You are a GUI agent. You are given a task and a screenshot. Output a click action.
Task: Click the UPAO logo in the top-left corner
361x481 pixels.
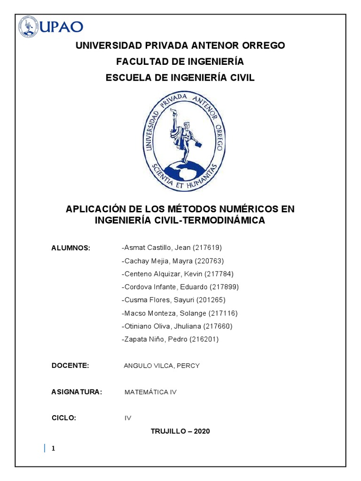[x=51, y=26]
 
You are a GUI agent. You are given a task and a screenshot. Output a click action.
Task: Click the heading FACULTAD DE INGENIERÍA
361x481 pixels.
[x=180, y=62]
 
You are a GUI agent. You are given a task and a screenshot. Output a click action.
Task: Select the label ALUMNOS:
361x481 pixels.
[x=71, y=248]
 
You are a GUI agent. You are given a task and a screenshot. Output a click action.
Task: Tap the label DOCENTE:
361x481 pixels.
[x=70, y=365]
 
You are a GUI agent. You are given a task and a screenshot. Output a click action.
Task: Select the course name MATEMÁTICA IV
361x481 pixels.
[x=150, y=392]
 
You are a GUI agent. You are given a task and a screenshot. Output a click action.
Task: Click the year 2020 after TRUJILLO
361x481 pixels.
[x=201, y=431]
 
